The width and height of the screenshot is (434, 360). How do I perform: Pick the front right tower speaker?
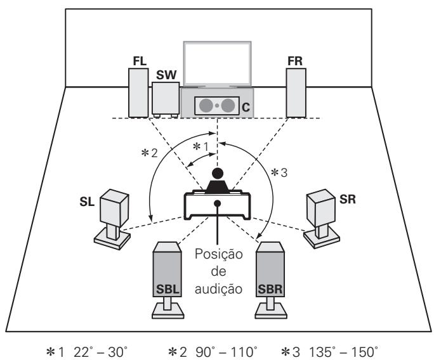tap(296, 92)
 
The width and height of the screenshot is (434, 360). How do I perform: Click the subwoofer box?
tap(165, 98)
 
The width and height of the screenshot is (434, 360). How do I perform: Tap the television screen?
tap(216, 63)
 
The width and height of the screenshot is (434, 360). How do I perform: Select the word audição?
tap(216, 290)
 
